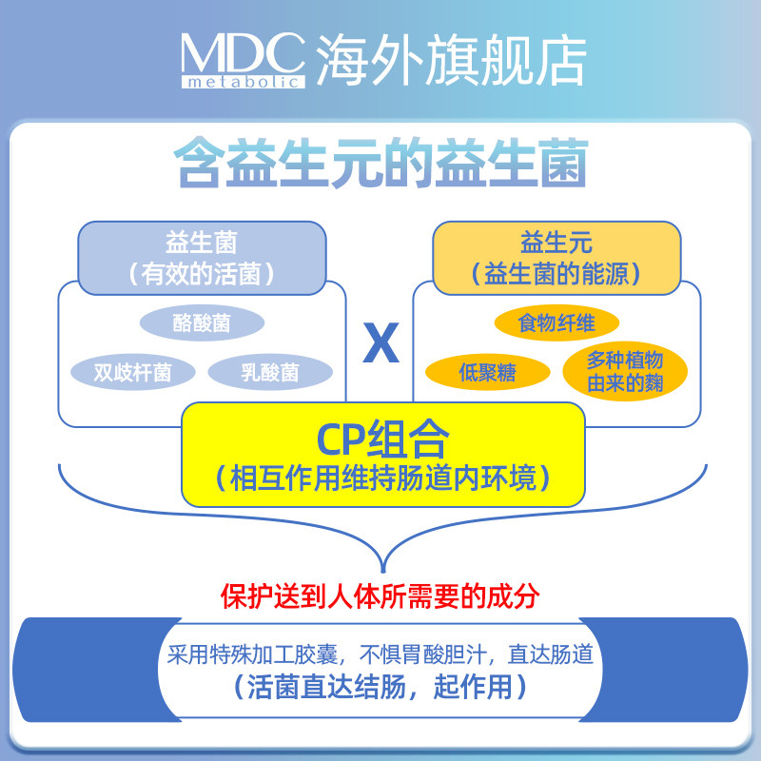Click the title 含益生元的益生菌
(x=380, y=165)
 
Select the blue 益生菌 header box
(x=201, y=257)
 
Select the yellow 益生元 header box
(x=556, y=257)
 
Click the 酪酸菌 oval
(x=201, y=323)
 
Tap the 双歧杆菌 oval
(x=132, y=372)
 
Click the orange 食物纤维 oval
(x=556, y=323)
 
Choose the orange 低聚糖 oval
(x=487, y=372)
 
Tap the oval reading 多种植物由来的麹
(x=624, y=372)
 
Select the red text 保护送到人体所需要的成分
(x=380, y=596)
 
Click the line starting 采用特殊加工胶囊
(x=380, y=654)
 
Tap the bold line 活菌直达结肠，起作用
(x=380, y=687)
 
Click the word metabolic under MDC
(x=242, y=82)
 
